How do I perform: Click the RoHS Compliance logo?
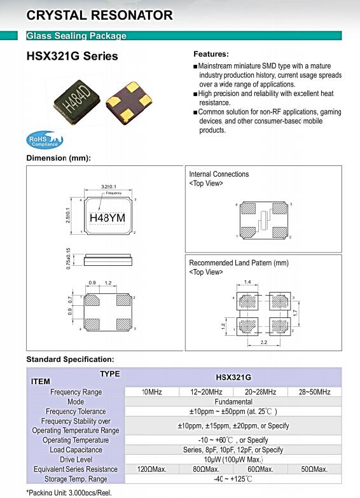click(45, 140)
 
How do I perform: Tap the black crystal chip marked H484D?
click(77, 99)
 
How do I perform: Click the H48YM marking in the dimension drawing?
click(107, 218)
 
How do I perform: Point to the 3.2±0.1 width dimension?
click(109, 186)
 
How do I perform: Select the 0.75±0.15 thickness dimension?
click(68, 259)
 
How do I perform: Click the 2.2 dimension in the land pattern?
click(264, 342)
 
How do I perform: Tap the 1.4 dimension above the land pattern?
click(247, 282)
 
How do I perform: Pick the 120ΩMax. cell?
click(152, 469)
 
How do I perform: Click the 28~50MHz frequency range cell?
click(315, 392)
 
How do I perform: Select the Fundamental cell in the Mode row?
click(233, 402)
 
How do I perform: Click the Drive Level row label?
click(76, 460)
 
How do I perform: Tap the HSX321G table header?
click(233, 377)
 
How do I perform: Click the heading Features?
click(211, 54)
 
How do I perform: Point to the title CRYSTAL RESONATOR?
click(99, 15)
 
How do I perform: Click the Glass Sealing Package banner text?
click(76, 36)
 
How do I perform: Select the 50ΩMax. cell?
click(314, 469)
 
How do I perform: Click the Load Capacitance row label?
click(76, 450)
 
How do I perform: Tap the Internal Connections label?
click(219, 174)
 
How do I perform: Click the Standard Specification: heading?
click(70, 359)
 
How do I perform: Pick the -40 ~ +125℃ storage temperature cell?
click(233, 479)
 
